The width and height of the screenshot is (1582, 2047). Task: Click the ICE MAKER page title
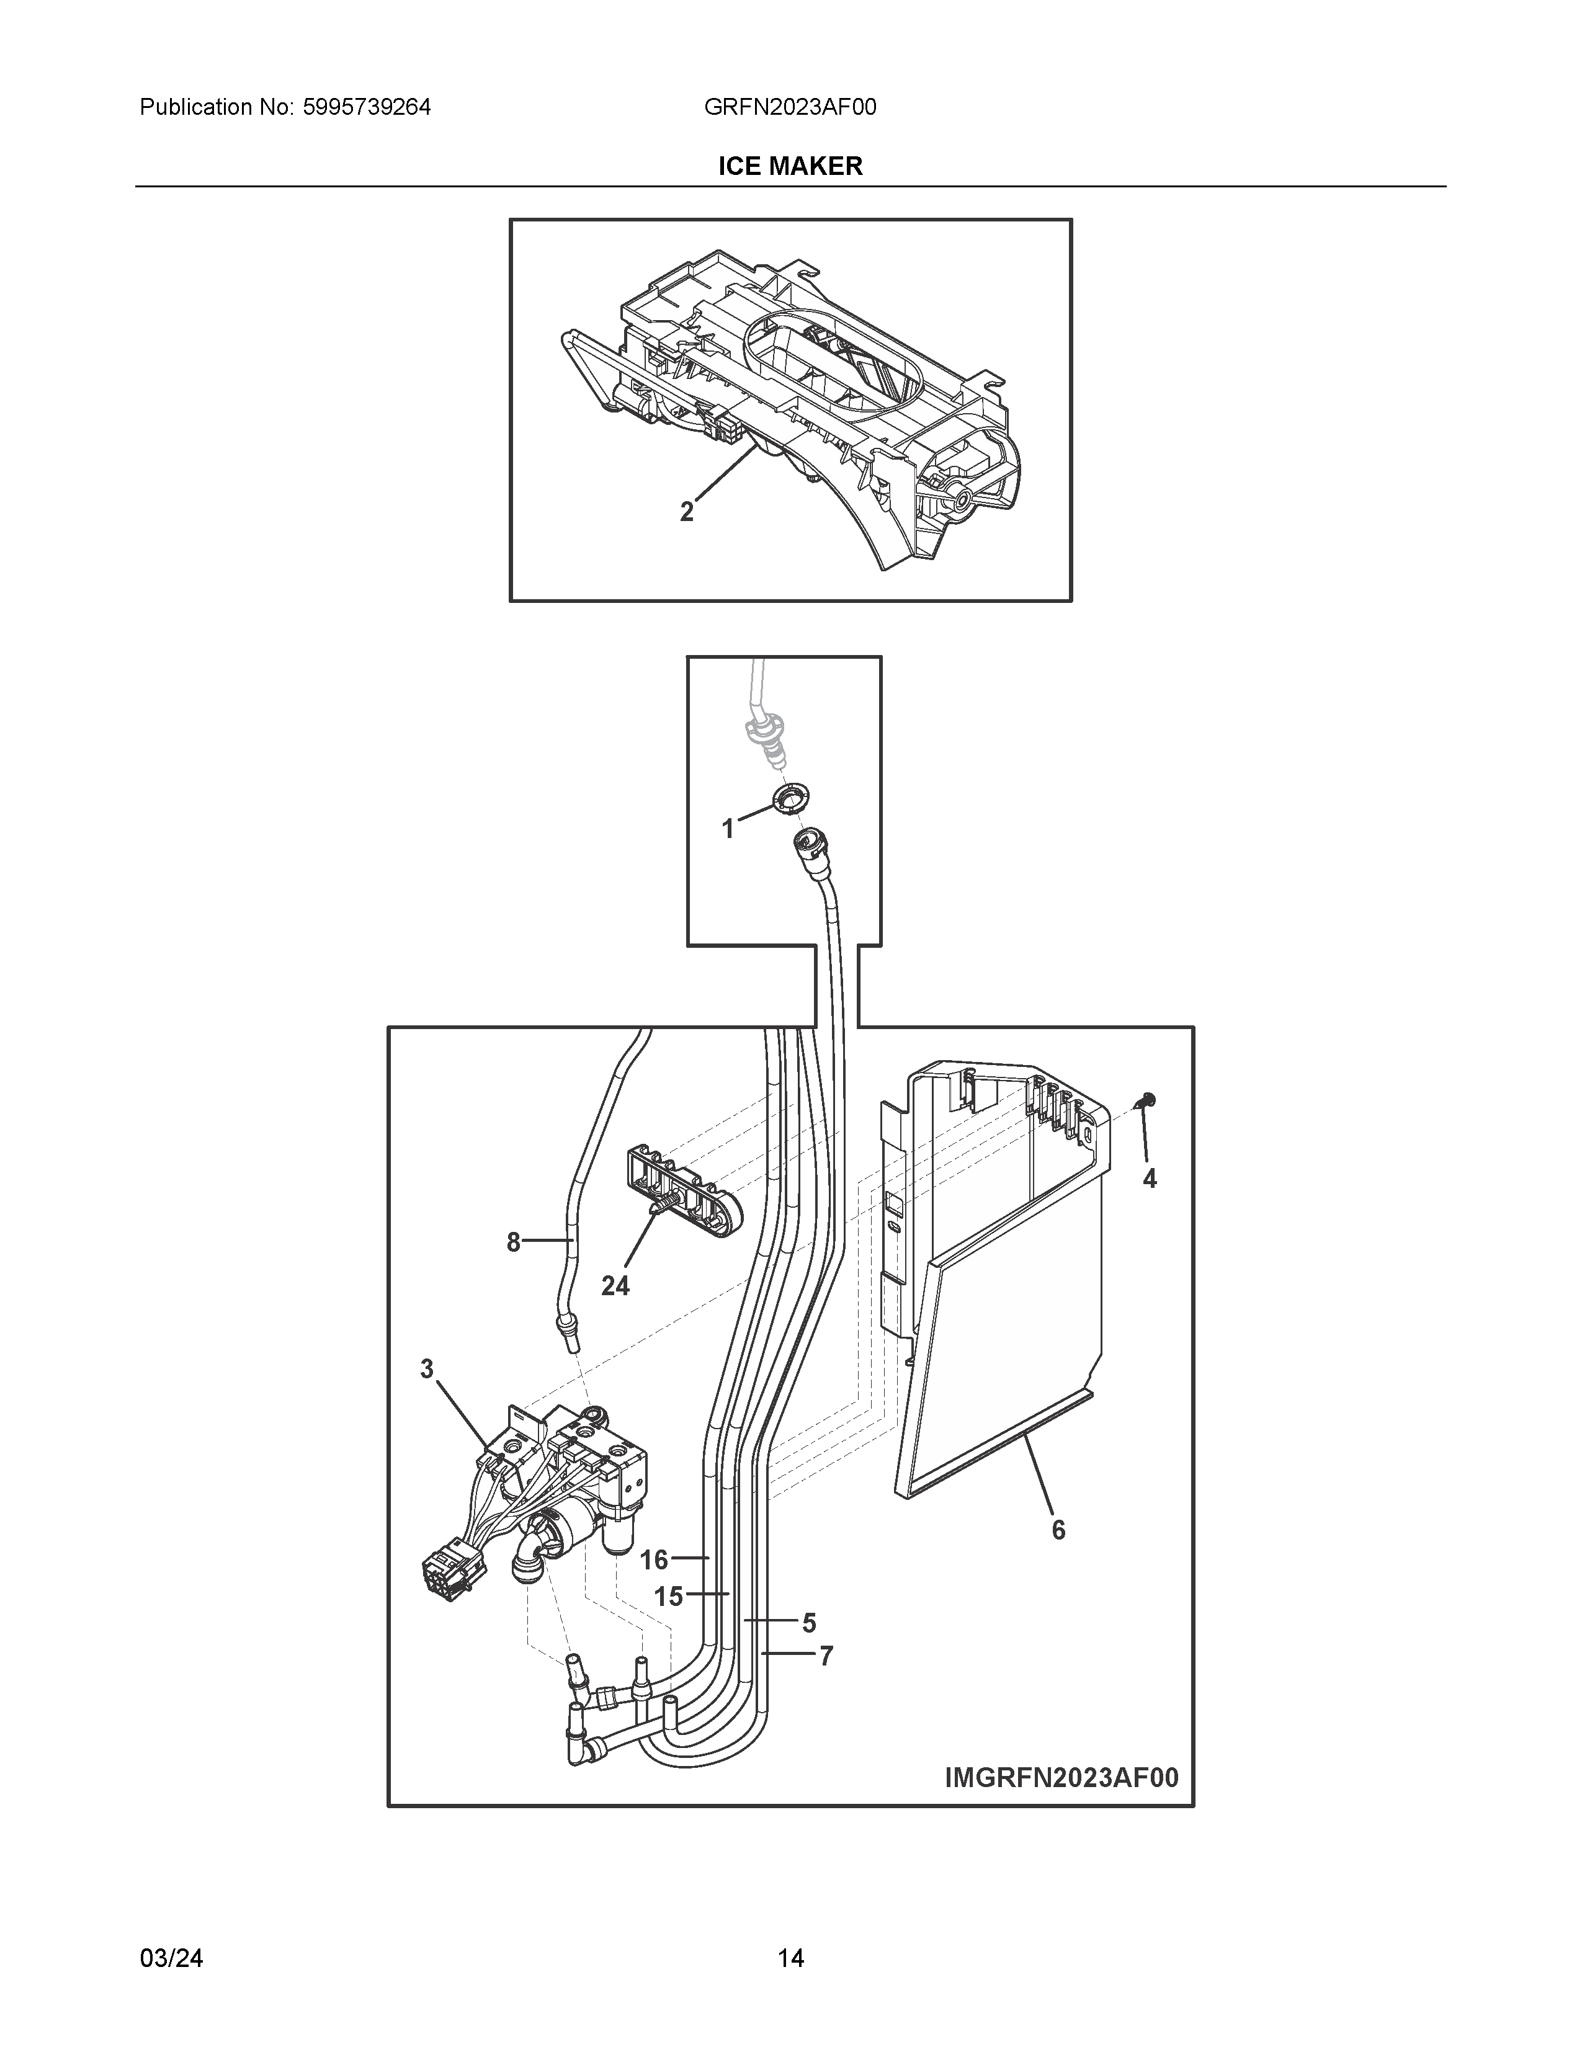point(790,166)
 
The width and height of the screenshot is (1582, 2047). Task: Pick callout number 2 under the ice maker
point(687,512)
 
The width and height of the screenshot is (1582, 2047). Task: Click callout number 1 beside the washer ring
point(727,829)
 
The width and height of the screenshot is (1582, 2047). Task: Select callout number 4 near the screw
point(1149,1179)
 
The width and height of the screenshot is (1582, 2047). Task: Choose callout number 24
point(615,1286)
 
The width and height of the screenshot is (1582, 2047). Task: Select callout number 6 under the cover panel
point(1058,1530)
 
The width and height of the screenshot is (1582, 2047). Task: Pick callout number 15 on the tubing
point(668,1595)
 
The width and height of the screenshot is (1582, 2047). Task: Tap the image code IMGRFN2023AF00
point(1061,1777)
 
